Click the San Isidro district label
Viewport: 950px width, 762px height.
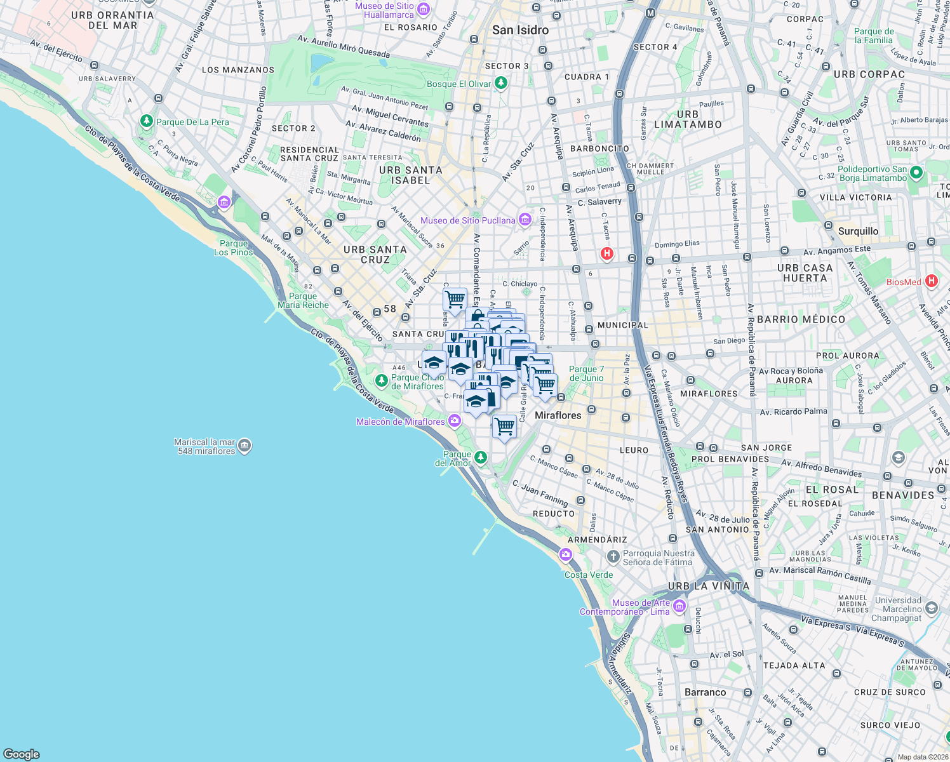coord(520,30)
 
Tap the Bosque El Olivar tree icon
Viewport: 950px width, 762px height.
coord(501,83)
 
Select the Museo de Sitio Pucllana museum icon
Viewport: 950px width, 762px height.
coord(525,220)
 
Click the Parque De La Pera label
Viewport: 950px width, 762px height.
coord(192,122)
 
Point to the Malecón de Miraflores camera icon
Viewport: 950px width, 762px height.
coord(455,420)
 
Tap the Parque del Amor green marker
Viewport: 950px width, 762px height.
coord(481,457)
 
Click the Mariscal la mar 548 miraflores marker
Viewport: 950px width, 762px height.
coord(245,446)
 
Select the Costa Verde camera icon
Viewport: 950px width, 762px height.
coord(565,555)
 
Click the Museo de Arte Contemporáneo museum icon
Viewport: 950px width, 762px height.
coord(679,606)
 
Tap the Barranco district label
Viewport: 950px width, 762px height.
coord(705,692)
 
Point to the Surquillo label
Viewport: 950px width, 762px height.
coord(858,231)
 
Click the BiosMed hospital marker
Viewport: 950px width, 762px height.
coord(931,281)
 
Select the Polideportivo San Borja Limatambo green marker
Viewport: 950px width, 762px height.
coord(916,173)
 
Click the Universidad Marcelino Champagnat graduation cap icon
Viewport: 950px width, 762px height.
coord(931,608)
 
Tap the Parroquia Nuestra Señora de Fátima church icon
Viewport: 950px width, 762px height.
coord(613,557)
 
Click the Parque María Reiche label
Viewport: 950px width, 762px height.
coord(303,300)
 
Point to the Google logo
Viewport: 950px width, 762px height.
coord(22,754)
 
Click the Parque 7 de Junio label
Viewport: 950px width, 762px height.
coord(586,373)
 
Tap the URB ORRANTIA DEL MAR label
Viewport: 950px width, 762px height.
coord(112,20)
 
